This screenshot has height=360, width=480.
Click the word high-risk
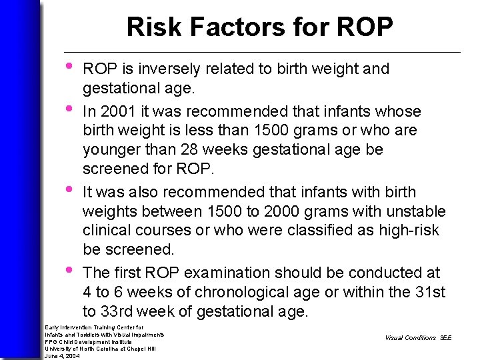pyautogui.click(x=412, y=231)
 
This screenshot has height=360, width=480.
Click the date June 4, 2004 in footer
pyautogui.click(x=61, y=356)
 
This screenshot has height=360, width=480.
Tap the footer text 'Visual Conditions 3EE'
pyautogui.click(x=418, y=338)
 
